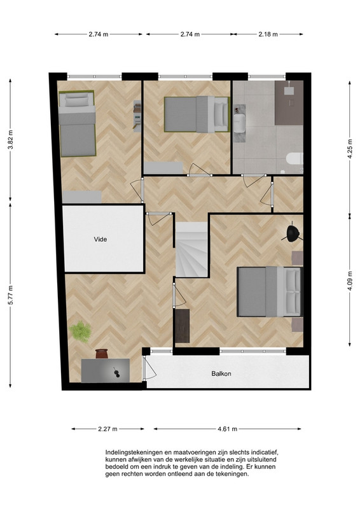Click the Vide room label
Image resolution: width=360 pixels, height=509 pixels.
click(x=100, y=239)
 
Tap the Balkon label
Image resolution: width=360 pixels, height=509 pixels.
click(x=221, y=373)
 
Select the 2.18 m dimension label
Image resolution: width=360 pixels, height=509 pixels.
click(x=268, y=34)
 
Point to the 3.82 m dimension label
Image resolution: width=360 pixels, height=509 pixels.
click(x=11, y=140)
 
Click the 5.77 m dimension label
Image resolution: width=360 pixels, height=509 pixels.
click(x=11, y=295)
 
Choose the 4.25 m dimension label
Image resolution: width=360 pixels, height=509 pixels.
click(x=350, y=149)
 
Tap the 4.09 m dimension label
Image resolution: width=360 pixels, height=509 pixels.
click(x=350, y=281)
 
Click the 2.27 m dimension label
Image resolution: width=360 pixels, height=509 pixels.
click(x=107, y=429)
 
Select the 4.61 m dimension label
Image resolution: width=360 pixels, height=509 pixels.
click(x=228, y=429)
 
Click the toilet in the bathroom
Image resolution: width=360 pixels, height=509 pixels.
click(x=294, y=158)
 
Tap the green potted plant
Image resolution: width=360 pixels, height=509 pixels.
click(x=80, y=331)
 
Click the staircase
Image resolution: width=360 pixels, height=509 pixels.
click(x=191, y=249)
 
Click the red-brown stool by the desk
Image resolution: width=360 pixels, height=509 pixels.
click(x=102, y=354)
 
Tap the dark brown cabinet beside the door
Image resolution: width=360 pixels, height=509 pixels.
click(x=182, y=326)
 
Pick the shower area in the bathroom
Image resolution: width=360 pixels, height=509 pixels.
click(x=289, y=102)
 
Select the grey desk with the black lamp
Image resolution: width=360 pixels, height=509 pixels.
click(x=106, y=370)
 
